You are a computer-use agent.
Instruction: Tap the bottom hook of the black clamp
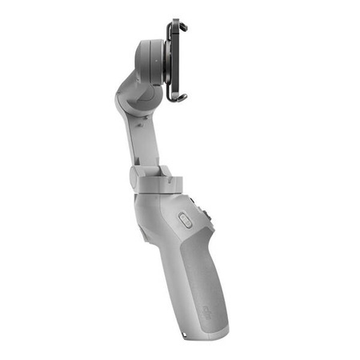[x=180, y=98]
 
